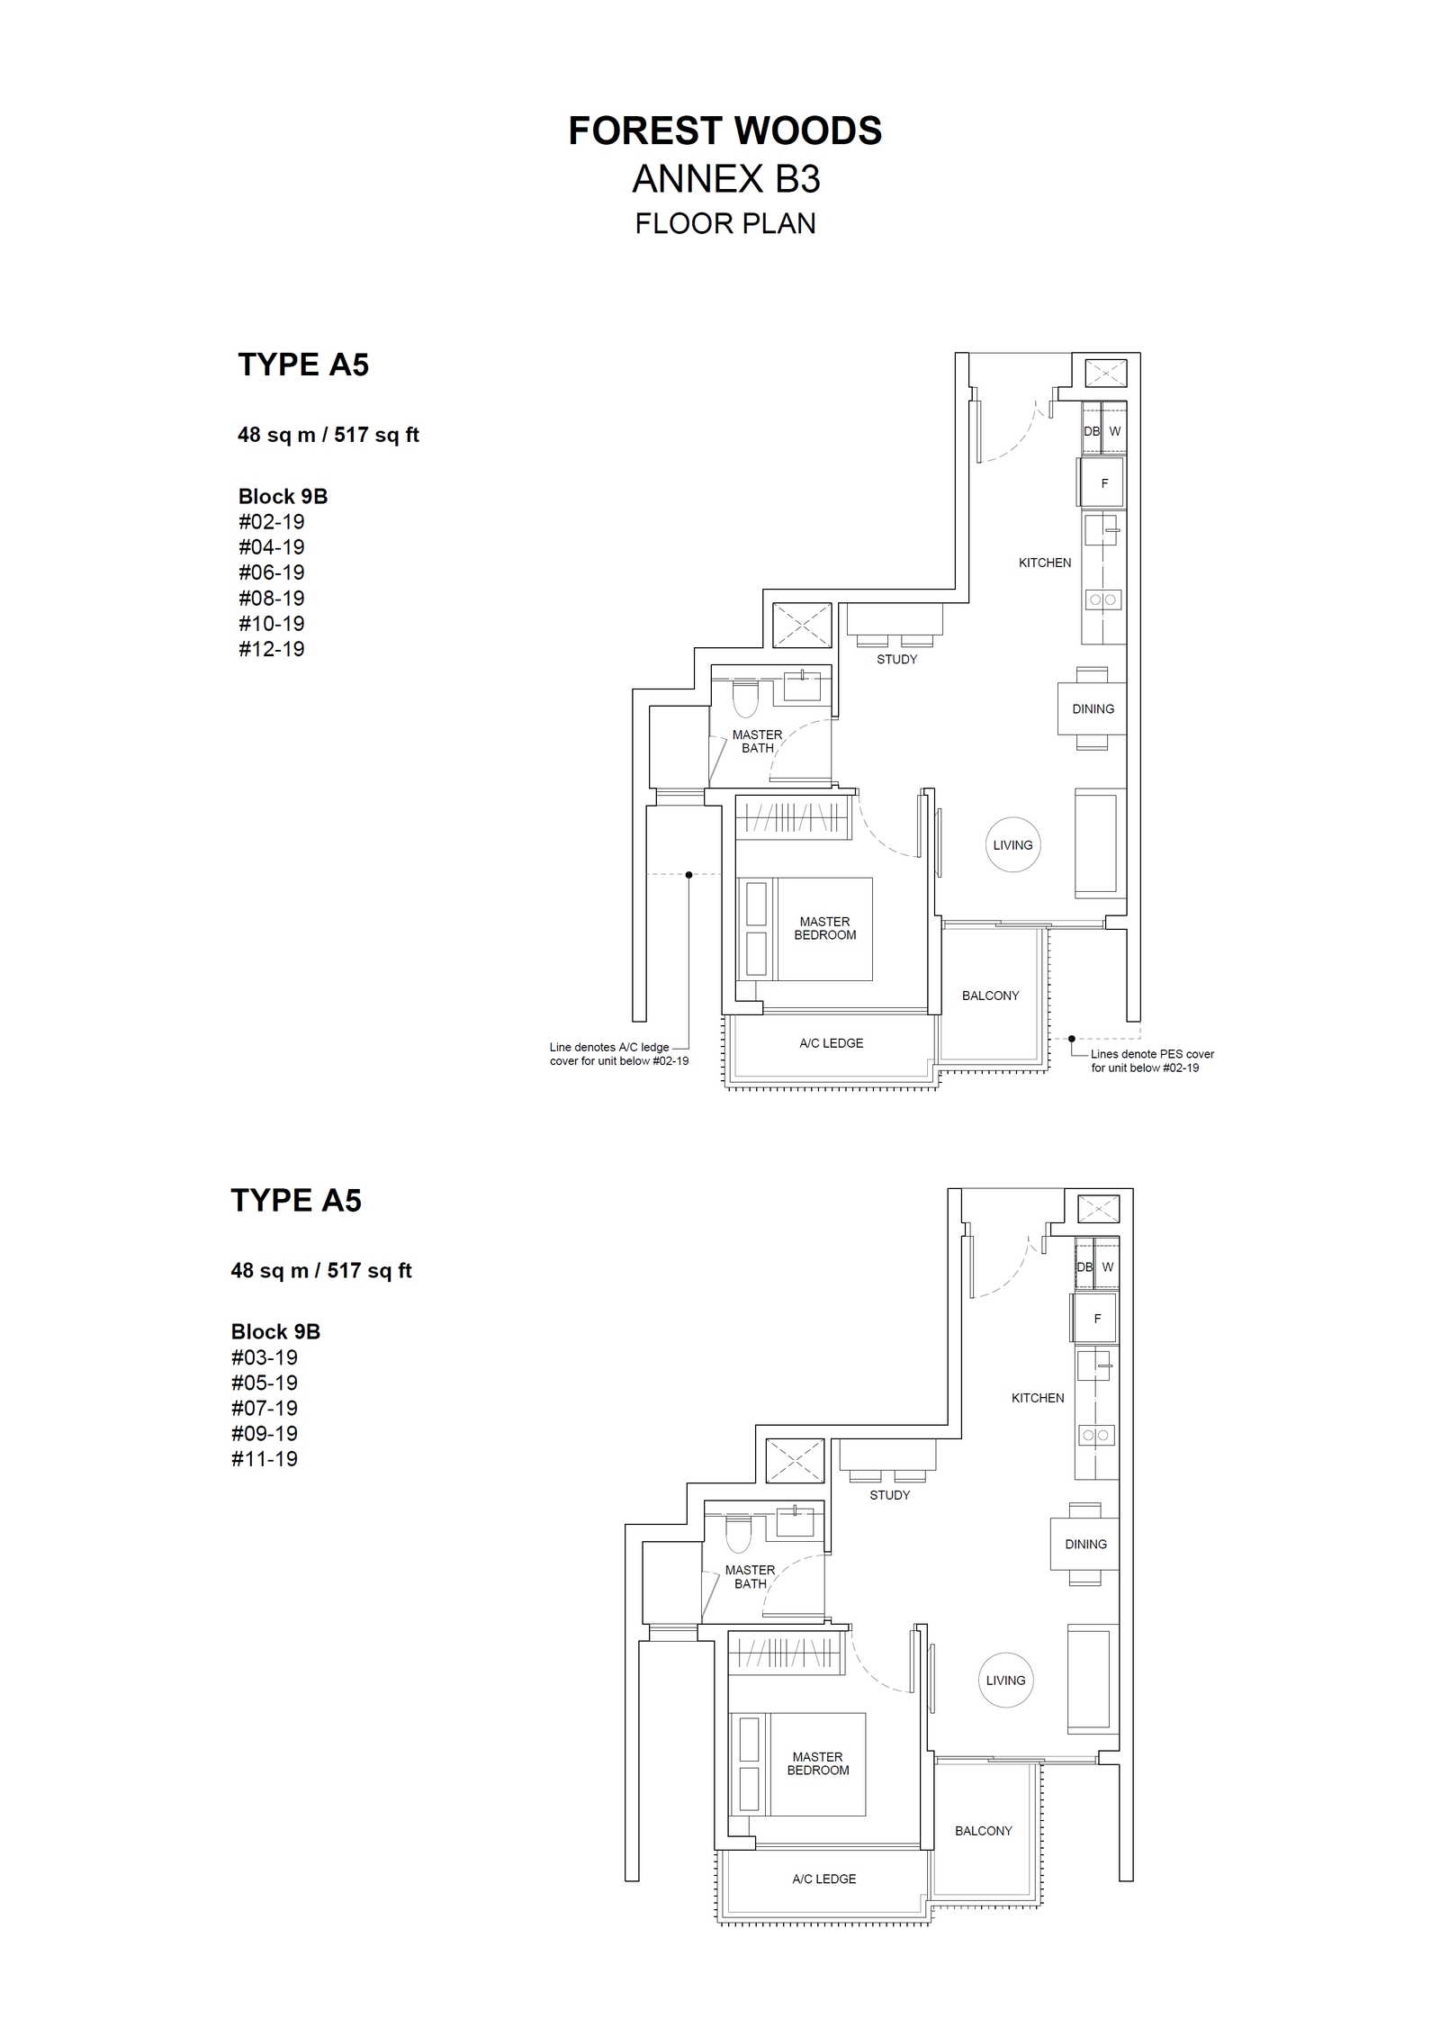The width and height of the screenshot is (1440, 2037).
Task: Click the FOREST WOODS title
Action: coord(724,131)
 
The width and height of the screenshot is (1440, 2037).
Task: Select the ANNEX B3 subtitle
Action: coord(726,180)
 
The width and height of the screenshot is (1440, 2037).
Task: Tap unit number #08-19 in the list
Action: coord(272,598)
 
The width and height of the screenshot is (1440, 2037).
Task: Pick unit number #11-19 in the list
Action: coord(265,1459)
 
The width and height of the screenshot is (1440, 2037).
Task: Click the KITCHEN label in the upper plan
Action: coord(1045,563)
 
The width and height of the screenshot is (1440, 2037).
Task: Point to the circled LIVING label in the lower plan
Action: coord(1005,1681)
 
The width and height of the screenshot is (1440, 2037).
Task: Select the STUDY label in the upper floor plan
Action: coord(897,659)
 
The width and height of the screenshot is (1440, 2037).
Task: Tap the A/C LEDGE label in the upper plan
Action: coord(832,1043)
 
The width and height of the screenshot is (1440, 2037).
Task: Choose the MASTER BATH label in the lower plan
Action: coord(750,1577)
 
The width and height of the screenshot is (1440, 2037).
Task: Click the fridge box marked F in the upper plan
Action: coord(1101,482)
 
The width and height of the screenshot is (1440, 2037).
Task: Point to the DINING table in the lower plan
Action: coord(1085,1544)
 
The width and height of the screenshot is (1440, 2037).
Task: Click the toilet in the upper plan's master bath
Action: coord(745,699)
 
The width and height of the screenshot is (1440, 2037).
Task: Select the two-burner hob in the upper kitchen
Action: coord(1102,599)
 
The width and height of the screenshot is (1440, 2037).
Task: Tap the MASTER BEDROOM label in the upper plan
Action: coord(825,928)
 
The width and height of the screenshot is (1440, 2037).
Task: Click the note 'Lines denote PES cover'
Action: coord(1152,1054)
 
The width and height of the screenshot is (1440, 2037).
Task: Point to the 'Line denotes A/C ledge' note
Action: coord(609,1047)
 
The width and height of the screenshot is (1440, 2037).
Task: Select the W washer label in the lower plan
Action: coord(1108,1266)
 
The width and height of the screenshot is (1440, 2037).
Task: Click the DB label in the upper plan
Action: coord(1092,431)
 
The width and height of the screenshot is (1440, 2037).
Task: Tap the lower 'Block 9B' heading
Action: coord(275,1331)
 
